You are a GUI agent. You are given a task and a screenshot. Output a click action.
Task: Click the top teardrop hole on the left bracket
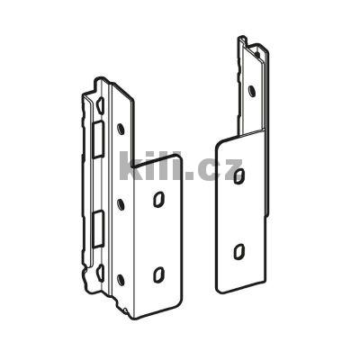click(x=100, y=104)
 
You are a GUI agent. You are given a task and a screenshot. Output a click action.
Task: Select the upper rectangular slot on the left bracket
click(x=97, y=139)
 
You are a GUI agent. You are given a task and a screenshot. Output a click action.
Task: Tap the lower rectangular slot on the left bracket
click(x=97, y=229)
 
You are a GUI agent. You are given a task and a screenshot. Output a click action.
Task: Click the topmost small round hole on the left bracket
click(x=121, y=129)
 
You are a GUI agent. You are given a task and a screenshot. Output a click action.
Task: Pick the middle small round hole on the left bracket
click(x=121, y=204)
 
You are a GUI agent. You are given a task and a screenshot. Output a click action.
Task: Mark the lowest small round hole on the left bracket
click(x=121, y=279)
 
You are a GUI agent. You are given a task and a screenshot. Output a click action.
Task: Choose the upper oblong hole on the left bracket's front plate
click(x=158, y=199)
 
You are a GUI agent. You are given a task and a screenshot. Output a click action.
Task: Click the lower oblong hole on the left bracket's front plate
click(x=158, y=274)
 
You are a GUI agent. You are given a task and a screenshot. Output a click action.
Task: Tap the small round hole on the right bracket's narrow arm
click(x=252, y=91)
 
